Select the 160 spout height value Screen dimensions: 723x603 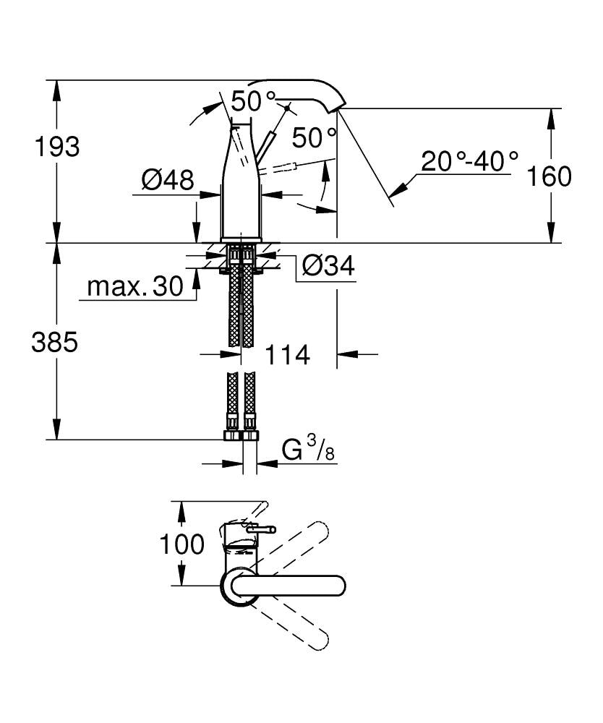pos(549,176)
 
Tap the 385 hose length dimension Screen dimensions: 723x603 pos(54,343)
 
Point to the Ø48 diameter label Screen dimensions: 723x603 pos(168,179)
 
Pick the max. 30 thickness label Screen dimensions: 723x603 pos(136,287)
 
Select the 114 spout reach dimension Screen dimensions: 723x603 pos(287,355)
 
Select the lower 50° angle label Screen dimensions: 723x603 pos(315,137)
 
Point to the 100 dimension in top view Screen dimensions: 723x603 pos(181,544)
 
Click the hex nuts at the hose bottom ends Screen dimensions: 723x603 pos(241,435)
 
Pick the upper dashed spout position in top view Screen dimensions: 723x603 pos(289,549)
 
